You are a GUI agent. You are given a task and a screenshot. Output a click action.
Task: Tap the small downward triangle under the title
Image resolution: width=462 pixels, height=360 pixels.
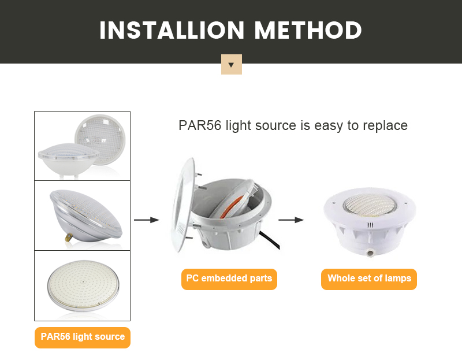click(x=231, y=65)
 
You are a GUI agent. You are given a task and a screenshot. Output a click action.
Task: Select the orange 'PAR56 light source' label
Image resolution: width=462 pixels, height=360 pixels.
click(x=83, y=337)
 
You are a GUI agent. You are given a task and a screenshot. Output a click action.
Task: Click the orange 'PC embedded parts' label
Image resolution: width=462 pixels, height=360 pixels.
click(x=229, y=279)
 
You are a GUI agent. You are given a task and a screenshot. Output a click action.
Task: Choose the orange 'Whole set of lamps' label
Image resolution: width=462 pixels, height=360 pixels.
click(x=369, y=279)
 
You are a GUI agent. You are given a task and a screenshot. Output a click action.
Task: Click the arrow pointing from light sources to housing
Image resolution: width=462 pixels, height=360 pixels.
click(x=146, y=220)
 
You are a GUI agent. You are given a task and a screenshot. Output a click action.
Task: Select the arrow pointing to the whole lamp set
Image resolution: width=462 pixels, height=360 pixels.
click(x=291, y=220)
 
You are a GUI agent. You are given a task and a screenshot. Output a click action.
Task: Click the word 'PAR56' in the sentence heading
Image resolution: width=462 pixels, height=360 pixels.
click(x=199, y=125)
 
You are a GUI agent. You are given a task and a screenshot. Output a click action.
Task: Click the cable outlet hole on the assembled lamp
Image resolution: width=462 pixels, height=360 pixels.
click(x=368, y=250)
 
